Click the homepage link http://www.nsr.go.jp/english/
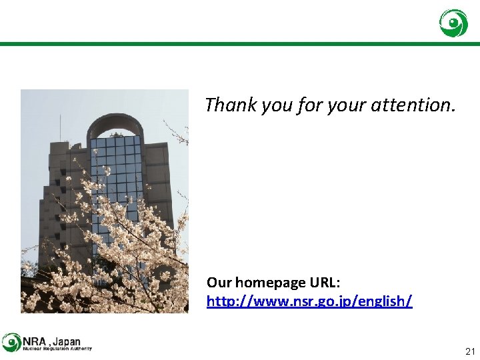(x=309, y=301)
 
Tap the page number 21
(x=470, y=351)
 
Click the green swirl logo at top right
(x=453, y=23)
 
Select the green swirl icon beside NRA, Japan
(x=11, y=342)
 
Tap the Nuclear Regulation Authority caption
(x=57, y=349)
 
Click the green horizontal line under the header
(x=240, y=44)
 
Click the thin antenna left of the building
(x=60, y=128)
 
